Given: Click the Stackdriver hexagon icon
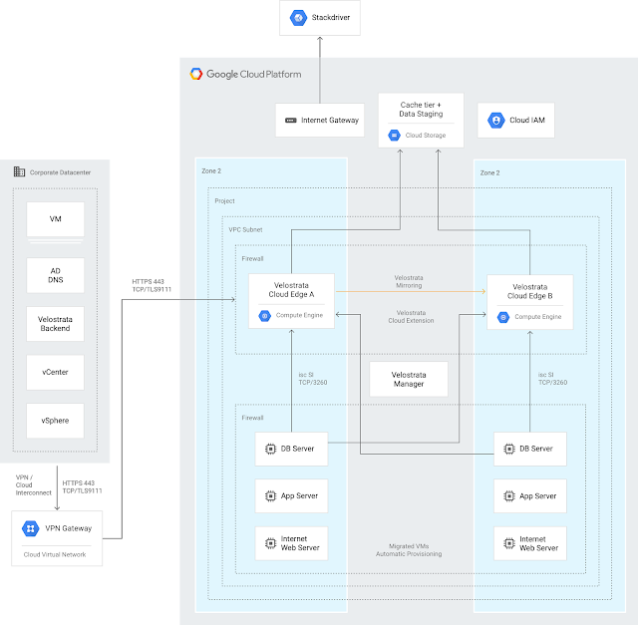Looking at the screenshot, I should (x=296, y=17).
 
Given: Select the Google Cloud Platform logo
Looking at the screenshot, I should (x=196, y=73).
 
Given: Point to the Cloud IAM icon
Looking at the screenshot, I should (x=494, y=121).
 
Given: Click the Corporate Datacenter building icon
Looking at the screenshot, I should (x=19, y=171).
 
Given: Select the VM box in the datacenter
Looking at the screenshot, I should (x=56, y=218).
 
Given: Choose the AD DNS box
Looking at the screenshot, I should (x=56, y=275).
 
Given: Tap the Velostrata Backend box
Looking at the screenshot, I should (x=56, y=322).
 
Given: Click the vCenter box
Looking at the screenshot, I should (x=56, y=372).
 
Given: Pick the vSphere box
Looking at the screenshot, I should (x=56, y=421).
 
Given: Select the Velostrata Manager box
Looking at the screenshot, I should (x=408, y=378).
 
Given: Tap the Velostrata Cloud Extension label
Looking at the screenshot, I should (x=410, y=317).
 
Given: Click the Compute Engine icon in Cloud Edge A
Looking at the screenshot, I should (x=265, y=316).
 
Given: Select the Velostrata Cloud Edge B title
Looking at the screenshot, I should (x=529, y=290).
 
